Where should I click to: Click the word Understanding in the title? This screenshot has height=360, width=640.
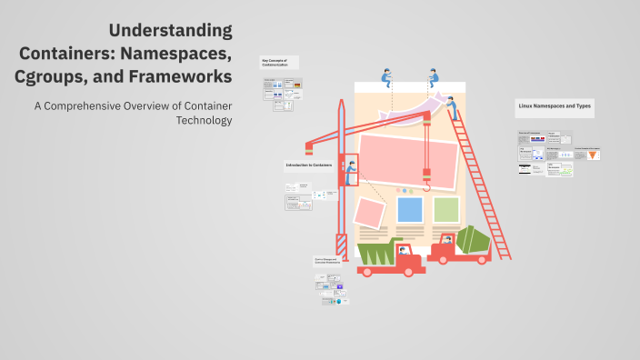(x=172, y=30)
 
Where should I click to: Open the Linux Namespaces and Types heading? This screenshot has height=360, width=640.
(x=554, y=106)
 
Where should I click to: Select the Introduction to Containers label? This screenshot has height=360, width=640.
(x=309, y=165)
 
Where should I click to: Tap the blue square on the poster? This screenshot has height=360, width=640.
(x=410, y=210)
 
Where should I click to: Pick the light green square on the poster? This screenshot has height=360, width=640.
(x=445, y=210)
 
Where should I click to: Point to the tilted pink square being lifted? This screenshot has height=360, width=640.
(x=371, y=213)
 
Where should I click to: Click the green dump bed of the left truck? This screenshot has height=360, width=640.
(x=375, y=252)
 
